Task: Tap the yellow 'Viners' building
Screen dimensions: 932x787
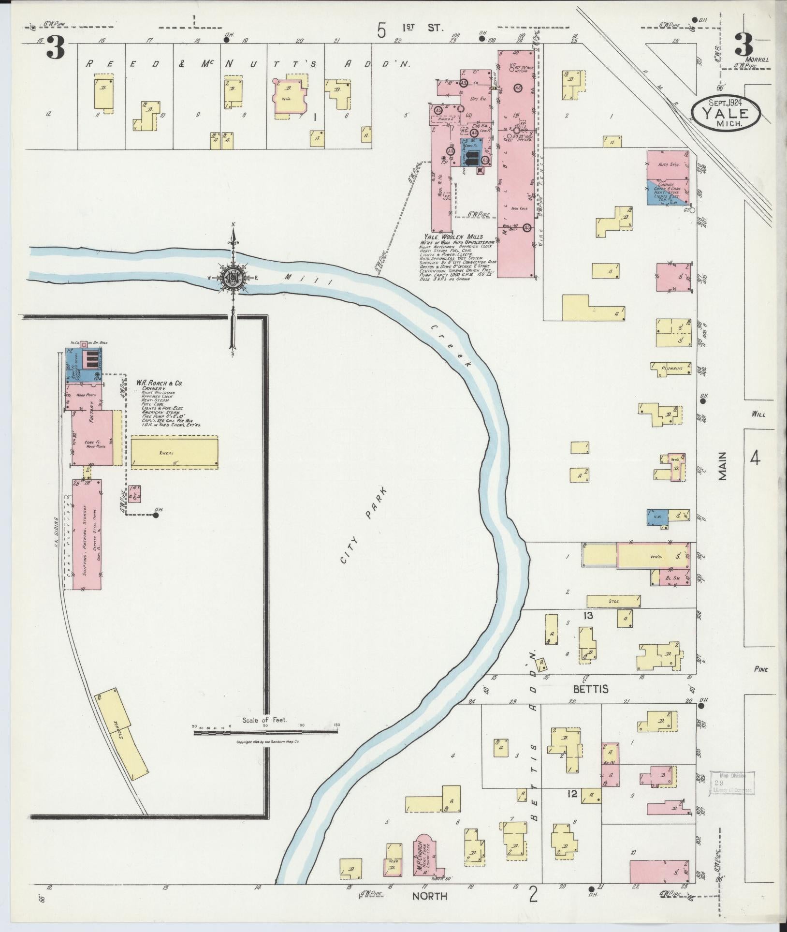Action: click(174, 453)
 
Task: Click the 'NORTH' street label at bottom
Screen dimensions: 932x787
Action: click(429, 896)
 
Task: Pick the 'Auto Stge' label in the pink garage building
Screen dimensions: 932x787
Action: click(669, 165)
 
